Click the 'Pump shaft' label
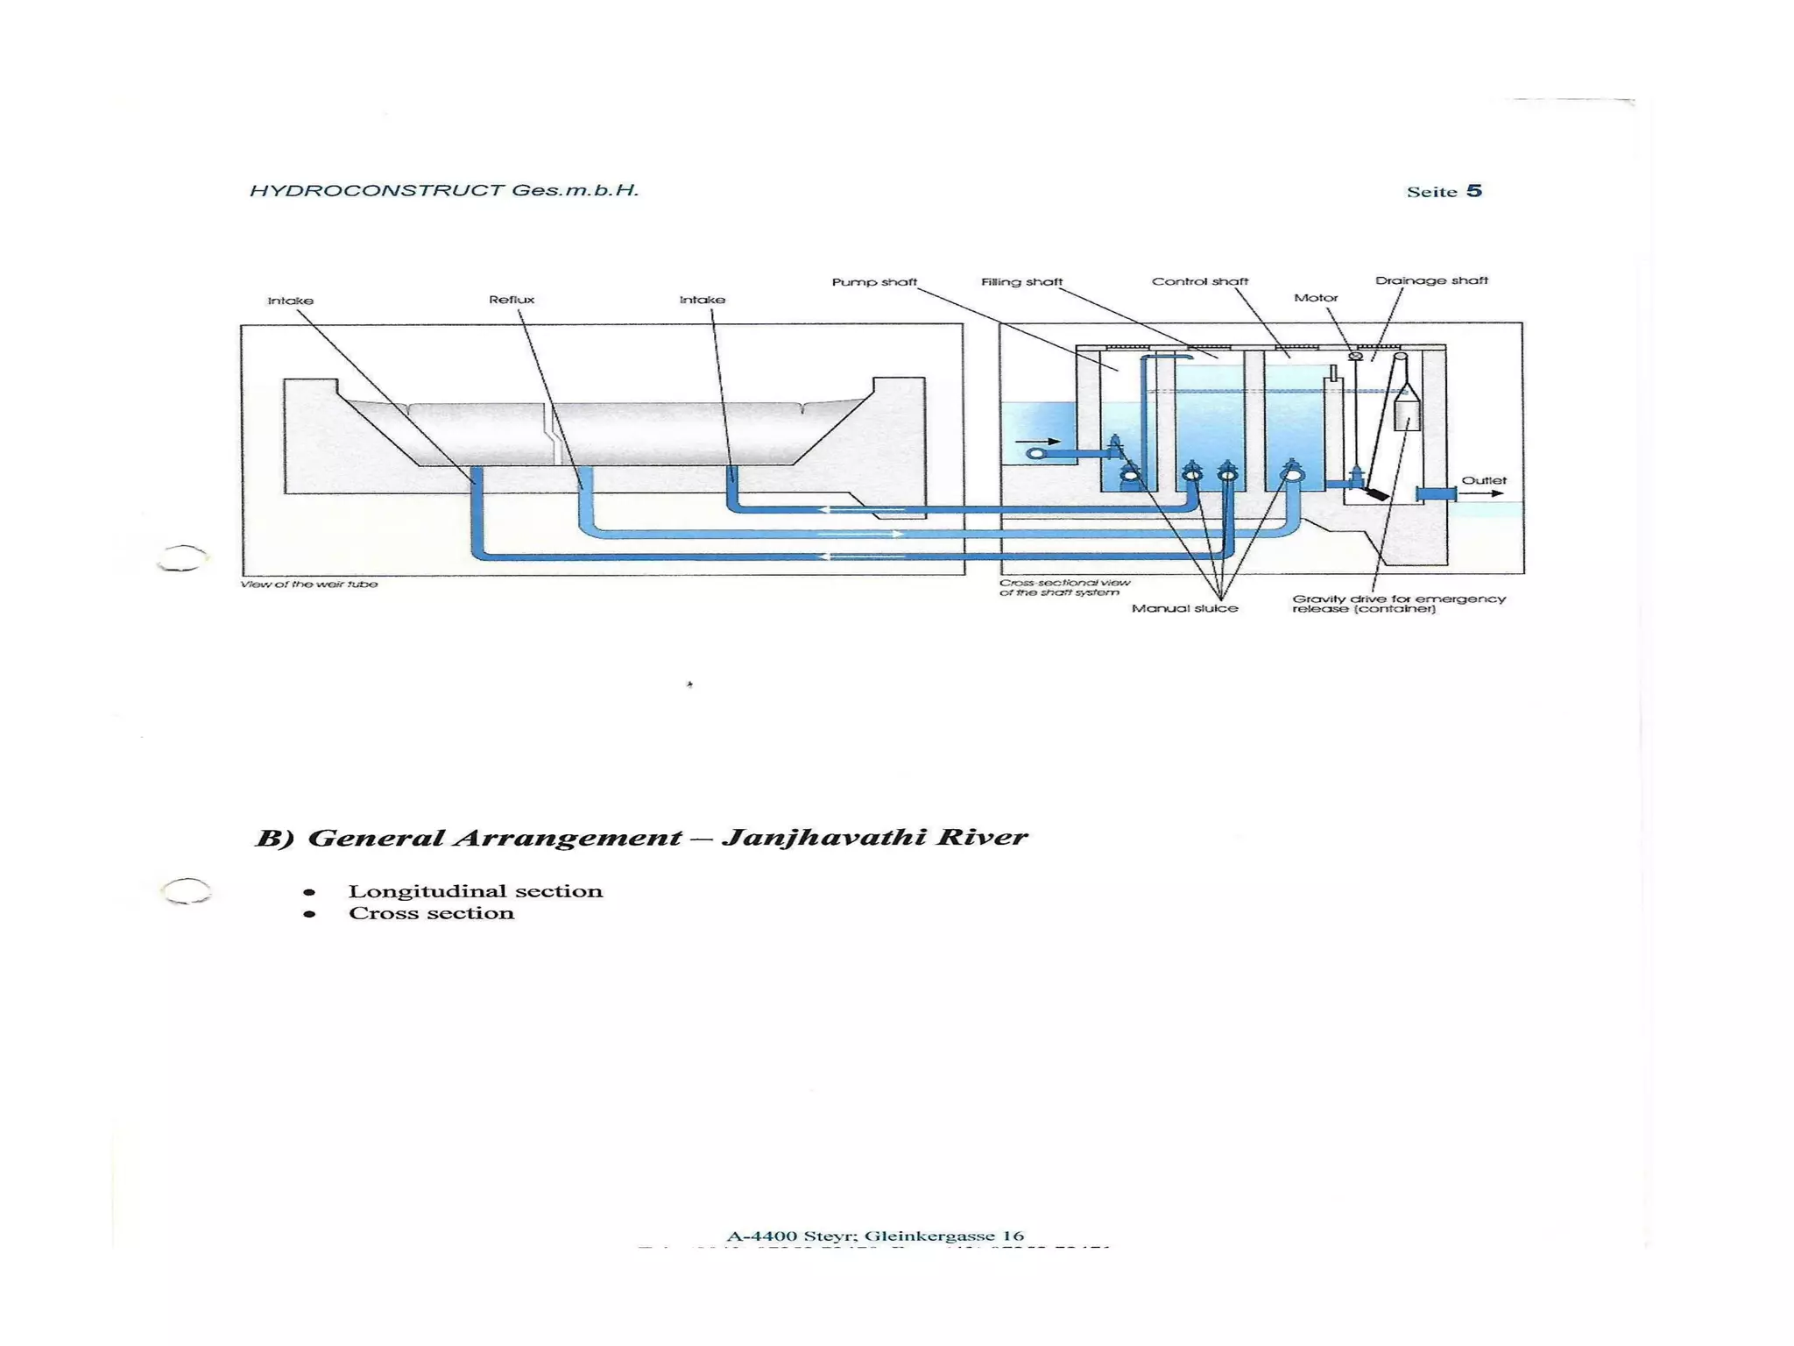[x=873, y=282]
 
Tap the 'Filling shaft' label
[x=1021, y=282]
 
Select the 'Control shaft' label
[x=1199, y=281]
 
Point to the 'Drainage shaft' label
[x=1431, y=280]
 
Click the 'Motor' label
[x=1316, y=298]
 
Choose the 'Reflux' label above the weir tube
[x=512, y=300]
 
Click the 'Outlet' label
[x=1484, y=480]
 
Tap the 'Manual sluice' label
[x=1184, y=608]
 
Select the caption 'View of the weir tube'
[x=309, y=584]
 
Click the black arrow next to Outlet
[x=1481, y=494]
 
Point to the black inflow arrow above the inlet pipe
[x=1038, y=442]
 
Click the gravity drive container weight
[x=1406, y=411]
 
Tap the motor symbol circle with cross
[x=1355, y=356]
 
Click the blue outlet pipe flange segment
[x=1436, y=495]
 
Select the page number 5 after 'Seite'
[x=1474, y=191]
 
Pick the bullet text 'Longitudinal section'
[x=476, y=891]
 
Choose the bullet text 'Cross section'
[x=431, y=913]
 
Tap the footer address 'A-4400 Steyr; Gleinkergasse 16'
[x=875, y=1236]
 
